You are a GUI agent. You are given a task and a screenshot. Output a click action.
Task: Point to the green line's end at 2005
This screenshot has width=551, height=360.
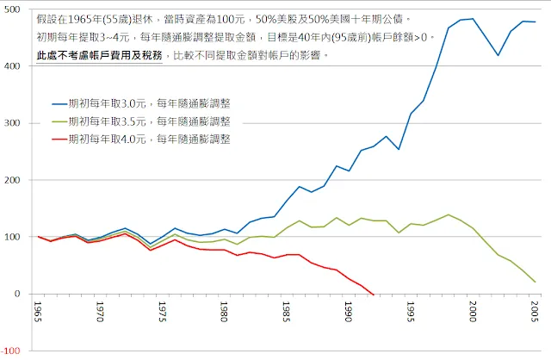535,282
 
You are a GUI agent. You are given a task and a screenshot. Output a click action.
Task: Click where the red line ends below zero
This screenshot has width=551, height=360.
373,295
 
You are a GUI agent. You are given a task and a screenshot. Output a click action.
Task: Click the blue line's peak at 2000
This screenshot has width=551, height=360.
473,19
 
